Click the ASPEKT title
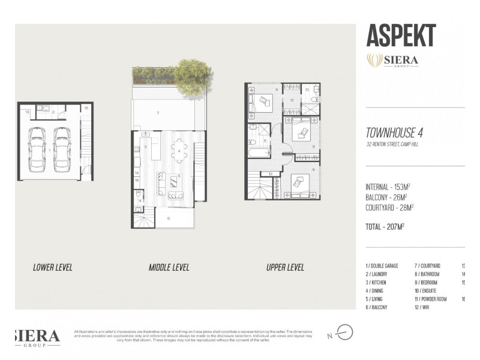(401, 36)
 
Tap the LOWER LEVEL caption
(53, 268)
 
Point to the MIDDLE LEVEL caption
(169, 268)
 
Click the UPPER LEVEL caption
(285, 268)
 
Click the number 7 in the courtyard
(157, 113)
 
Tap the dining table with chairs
(179, 150)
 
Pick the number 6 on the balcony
(169, 218)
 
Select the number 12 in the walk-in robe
(292, 100)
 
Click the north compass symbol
(344, 332)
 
